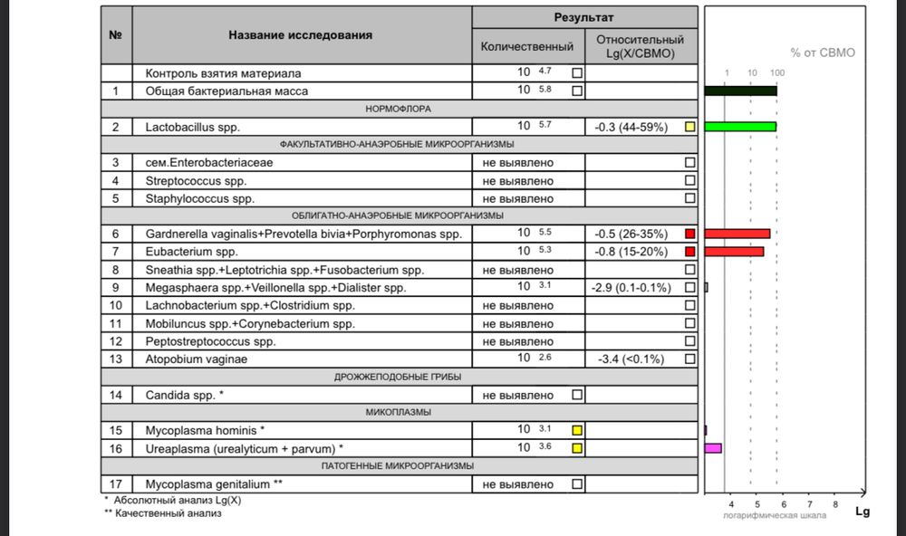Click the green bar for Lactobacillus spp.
[740, 127]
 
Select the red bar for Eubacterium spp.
[734, 252]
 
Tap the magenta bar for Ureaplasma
[713, 447]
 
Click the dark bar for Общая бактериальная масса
[740, 91]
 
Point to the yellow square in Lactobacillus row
[689, 127]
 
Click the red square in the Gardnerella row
[689, 234]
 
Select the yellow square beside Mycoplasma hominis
[577, 430]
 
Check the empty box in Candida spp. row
[577, 395]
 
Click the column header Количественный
[527, 46]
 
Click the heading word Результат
[583, 17]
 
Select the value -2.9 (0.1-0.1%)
[631, 288]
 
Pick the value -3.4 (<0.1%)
[633, 359]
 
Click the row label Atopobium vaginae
[197, 359]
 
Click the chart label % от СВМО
[822, 53]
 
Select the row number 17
[116, 484]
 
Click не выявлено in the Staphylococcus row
[518, 198]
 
